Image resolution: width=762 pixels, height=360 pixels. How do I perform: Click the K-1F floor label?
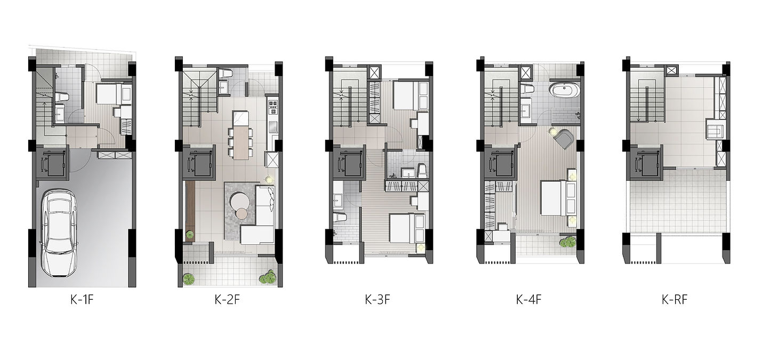point(82,300)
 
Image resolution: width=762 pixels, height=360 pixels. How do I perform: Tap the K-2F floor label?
point(227,300)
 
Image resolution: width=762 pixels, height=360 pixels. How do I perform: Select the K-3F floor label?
point(377,300)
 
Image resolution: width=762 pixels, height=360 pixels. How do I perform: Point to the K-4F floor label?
point(528,300)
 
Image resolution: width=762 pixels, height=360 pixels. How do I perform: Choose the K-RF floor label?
point(675,300)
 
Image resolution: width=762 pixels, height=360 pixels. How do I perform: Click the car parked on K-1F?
point(59,233)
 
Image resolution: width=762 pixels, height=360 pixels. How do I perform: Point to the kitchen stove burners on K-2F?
point(273,106)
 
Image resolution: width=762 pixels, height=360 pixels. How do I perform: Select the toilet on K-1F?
point(62,97)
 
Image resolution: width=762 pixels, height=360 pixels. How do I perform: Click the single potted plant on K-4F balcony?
point(567,242)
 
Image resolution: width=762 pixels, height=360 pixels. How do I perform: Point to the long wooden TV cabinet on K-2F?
point(190,211)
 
